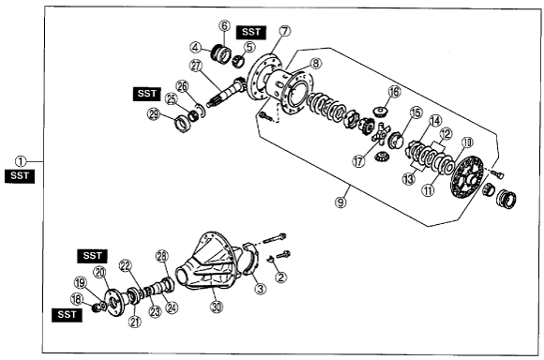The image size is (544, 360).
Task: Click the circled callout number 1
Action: pyautogui.click(x=21, y=161)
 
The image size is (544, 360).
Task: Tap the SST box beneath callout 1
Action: pyautogui.click(x=20, y=176)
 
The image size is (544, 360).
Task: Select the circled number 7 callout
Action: pyautogui.click(x=284, y=31)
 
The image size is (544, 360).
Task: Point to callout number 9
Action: pyautogui.click(x=340, y=202)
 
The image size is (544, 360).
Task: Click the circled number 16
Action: pyautogui.click(x=394, y=92)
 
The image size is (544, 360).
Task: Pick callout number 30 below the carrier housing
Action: pyautogui.click(x=217, y=307)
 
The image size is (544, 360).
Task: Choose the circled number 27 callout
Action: pyautogui.click(x=196, y=66)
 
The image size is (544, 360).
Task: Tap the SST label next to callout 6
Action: pyautogui.click(x=251, y=32)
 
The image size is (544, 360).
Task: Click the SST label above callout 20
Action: pyautogui.click(x=92, y=256)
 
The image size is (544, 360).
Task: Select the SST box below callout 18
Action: pyautogui.click(x=67, y=315)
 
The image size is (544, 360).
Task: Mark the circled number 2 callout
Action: pyautogui.click(x=280, y=277)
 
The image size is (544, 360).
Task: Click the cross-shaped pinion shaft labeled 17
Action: pyautogui.click(x=381, y=133)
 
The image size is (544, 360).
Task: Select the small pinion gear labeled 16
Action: pyautogui.click(x=381, y=112)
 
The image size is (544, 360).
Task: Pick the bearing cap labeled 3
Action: pyautogui.click(x=250, y=259)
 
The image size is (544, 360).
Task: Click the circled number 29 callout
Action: pyautogui.click(x=154, y=114)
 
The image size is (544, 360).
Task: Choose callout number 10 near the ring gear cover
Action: pyautogui.click(x=467, y=142)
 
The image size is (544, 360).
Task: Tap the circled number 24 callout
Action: pyautogui.click(x=172, y=307)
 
